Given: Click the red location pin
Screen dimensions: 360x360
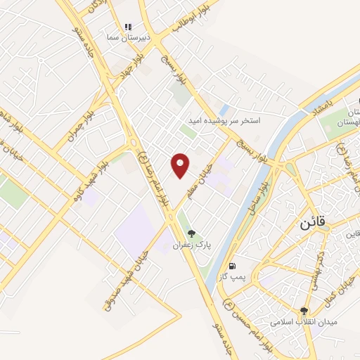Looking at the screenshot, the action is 181,165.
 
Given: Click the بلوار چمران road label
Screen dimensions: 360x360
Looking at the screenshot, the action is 80,124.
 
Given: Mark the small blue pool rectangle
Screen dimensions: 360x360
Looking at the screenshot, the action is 223,110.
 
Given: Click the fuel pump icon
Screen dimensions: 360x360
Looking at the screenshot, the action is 233,266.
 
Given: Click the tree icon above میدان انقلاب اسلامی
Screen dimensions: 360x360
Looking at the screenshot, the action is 304,310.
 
